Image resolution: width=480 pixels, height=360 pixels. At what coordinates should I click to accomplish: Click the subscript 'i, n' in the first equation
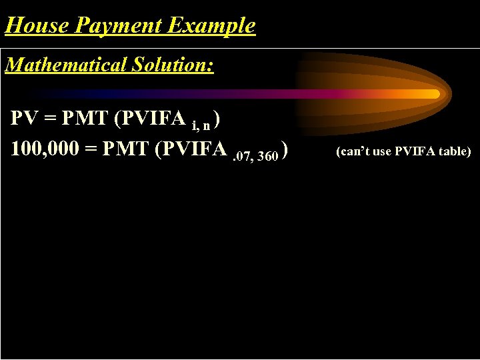pos(203,125)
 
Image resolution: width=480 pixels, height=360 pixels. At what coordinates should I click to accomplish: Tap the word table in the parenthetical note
pos(454,151)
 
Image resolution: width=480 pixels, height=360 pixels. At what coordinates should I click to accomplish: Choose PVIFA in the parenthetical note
pos(415,151)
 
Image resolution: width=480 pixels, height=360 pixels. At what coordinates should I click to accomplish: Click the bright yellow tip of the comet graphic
pos(433,94)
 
